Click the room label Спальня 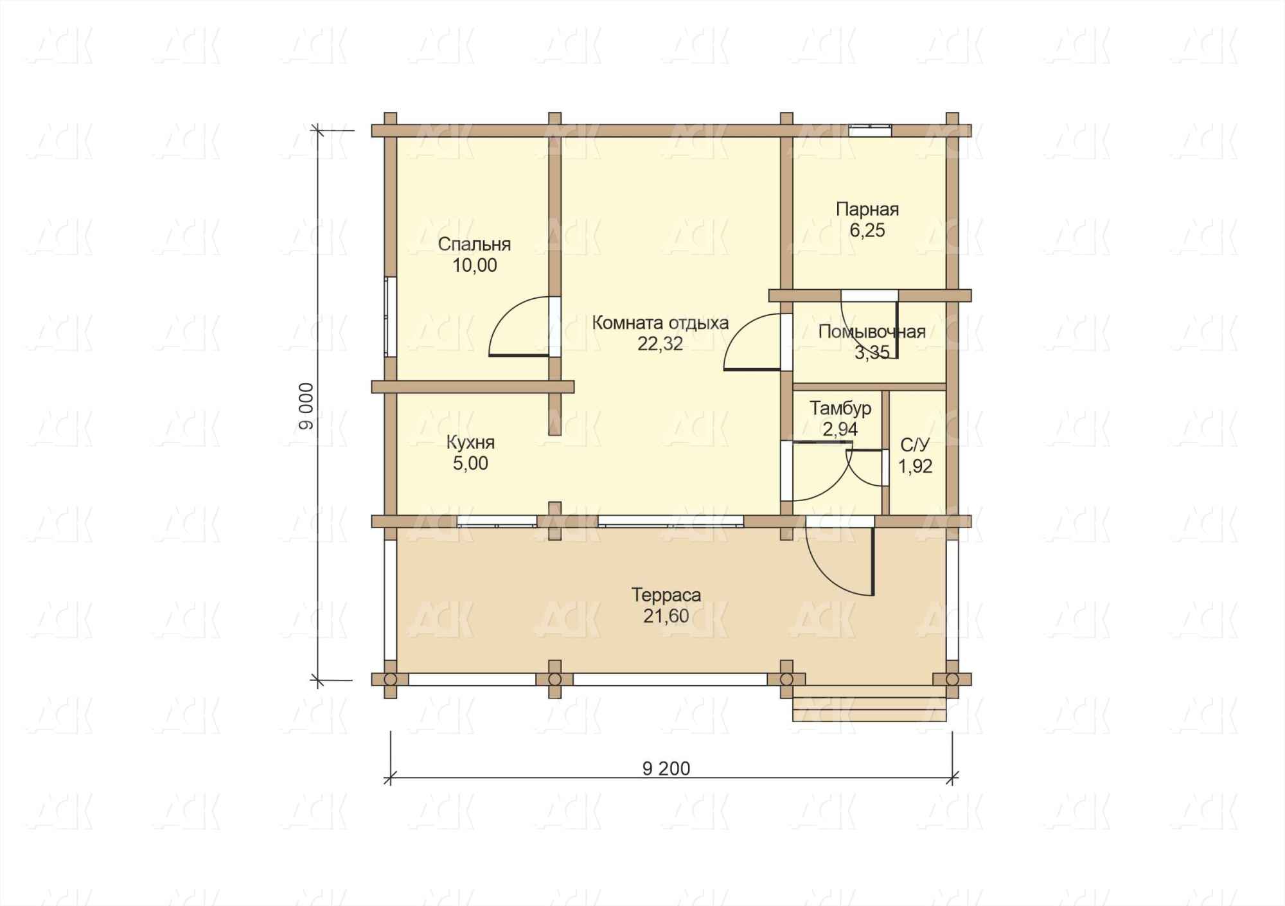pos(474,245)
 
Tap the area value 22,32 pos(660,344)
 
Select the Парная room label pos(867,209)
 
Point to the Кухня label pos(470,443)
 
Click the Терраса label pos(666,595)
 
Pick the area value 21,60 pos(666,616)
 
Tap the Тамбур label pos(840,408)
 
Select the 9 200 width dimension pos(666,768)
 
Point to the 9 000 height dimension pos(307,406)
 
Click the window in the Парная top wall pos(870,130)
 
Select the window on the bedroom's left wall pos(390,316)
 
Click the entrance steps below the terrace pos(870,704)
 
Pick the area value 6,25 pos(867,231)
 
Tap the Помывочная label pos(872,332)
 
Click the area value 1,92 pos(915,466)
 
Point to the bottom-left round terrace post pos(389,679)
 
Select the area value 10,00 pos(475,265)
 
